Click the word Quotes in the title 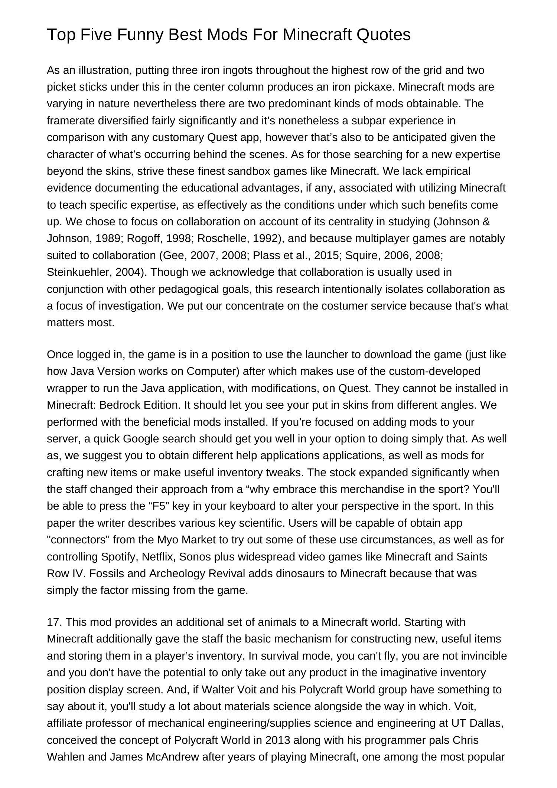[384, 35]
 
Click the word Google [140, 439]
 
